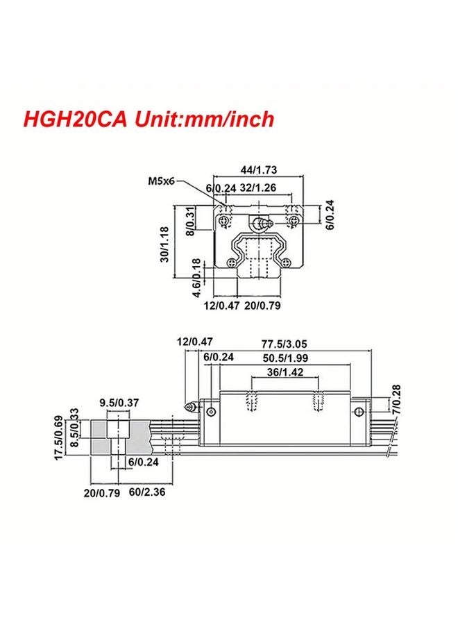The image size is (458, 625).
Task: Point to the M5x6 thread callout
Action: [160, 182]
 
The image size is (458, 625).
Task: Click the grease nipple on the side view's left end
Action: [188, 404]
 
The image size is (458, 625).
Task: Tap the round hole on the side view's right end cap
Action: [359, 412]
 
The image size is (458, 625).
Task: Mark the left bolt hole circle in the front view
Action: [224, 222]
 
